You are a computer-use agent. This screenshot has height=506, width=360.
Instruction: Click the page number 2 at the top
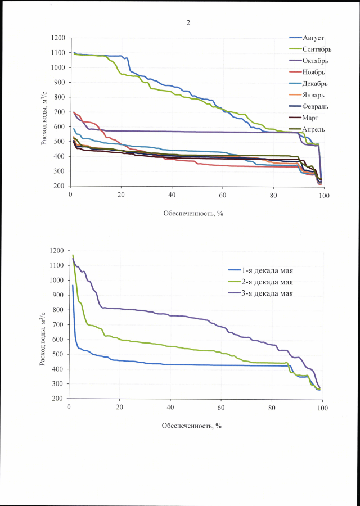tap(188, 23)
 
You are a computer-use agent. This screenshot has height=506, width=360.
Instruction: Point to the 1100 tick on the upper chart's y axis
tap(58, 53)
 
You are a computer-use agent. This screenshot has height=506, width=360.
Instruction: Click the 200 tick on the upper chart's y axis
tap(60, 186)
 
